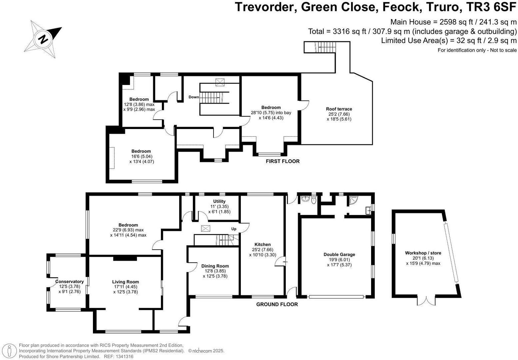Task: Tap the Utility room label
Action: (219, 201)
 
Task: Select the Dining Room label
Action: (215, 266)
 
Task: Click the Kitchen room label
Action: (262, 244)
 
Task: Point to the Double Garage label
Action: (339, 254)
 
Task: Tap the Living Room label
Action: (125, 282)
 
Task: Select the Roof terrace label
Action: (339, 109)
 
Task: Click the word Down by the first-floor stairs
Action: (194, 97)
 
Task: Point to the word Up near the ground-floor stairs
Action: (234, 229)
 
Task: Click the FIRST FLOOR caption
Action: (282, 161)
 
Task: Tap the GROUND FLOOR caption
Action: (277, 304)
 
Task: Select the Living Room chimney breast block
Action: (125, 258)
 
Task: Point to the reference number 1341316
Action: (123, 356)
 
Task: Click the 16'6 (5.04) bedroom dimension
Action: (141, 156)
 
